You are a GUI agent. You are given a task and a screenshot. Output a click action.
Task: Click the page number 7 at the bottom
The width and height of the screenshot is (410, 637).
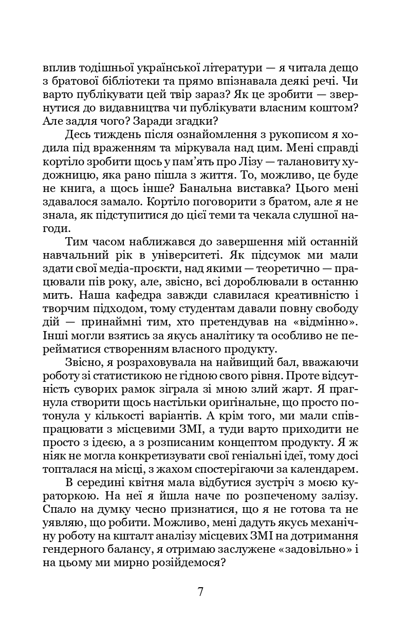201,591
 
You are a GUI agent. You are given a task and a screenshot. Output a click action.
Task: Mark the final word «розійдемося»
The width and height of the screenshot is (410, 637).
190,562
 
